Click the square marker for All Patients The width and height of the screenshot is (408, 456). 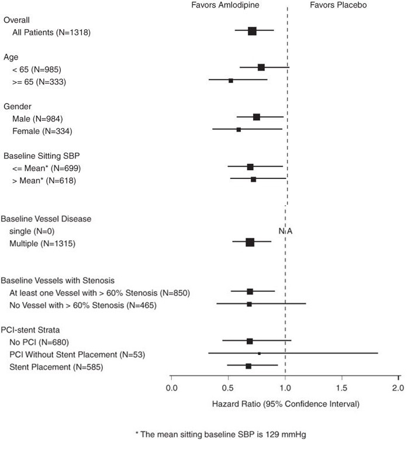(x=252, y=31)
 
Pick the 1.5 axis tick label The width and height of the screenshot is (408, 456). (x=342, y=388)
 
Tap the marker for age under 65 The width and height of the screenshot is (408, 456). (x=261, y=68)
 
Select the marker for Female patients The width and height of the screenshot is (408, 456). (x=238, y=129)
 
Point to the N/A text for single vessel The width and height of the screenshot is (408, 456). (x=285, y=231)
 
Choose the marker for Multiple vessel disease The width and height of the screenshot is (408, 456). (x=250, y=242)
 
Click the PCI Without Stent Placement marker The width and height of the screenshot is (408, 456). (x=259, y=353)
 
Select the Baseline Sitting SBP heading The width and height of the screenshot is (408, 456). (x=42, y=156)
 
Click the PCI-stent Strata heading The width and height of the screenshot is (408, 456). (x=31, y=330)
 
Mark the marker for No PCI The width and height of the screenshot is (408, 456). (x=250, y=341)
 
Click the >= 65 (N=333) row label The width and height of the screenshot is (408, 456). (x=39, y=82)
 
